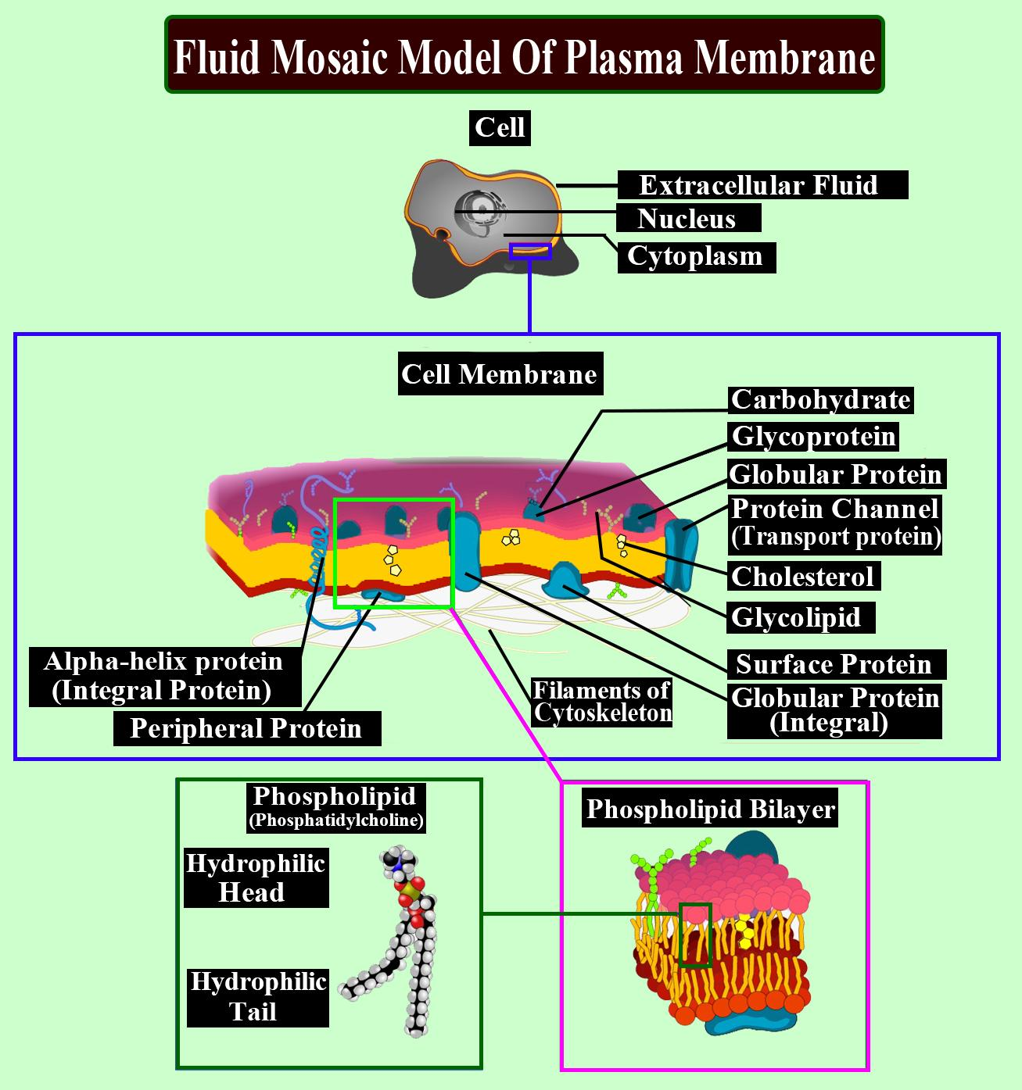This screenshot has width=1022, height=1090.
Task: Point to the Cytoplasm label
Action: (696, 257)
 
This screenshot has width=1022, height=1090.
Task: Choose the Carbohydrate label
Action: (820, 400)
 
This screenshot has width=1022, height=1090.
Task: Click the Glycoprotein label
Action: (813, 437)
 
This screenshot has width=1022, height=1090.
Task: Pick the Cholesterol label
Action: (803, 577)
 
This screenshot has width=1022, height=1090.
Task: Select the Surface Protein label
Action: (835, 664)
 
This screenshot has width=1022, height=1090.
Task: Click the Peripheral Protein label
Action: (247, 729)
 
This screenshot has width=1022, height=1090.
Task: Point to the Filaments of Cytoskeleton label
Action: (601, 702)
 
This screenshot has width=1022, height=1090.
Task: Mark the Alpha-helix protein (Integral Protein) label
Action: (165, 676)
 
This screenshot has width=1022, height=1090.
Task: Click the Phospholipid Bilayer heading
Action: (710, 809)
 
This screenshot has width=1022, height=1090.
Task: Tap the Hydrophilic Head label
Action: (256, 877)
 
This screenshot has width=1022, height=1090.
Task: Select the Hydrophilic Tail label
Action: (258, 997)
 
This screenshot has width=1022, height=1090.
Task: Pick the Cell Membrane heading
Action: (500, 373)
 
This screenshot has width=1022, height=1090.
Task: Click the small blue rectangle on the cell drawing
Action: (530, 252)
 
